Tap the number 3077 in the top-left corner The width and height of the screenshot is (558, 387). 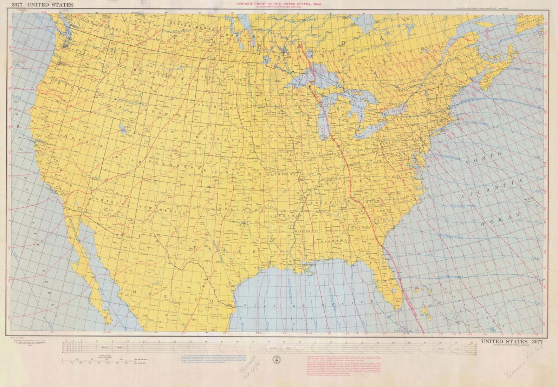point(17,5)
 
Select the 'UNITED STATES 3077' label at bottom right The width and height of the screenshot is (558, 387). point(512,341)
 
